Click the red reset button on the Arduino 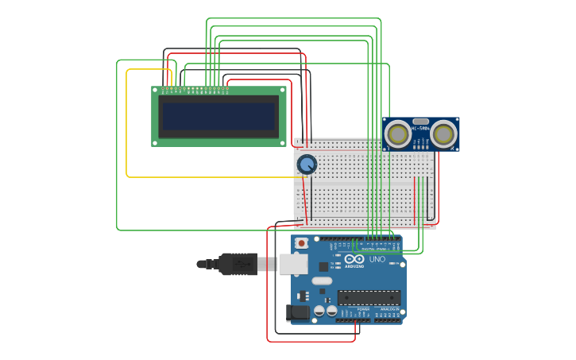coord(301,242)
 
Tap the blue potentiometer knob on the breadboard coord(306,165)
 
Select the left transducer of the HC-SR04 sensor coord(398,134)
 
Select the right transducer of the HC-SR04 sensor coord(444,134)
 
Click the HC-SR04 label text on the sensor coord(420,127)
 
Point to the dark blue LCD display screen coord(218,117)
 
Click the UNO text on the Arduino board coord(377,259)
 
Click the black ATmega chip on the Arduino coord(369,297)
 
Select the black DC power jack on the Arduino coord(297,312)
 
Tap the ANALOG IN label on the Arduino coord(387,309)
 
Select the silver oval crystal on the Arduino coord(322,281)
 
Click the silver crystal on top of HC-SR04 coord(421,121)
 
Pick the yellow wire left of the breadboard coord(127,127)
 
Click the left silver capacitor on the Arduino coord(319,311)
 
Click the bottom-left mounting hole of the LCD coord(156,142)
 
